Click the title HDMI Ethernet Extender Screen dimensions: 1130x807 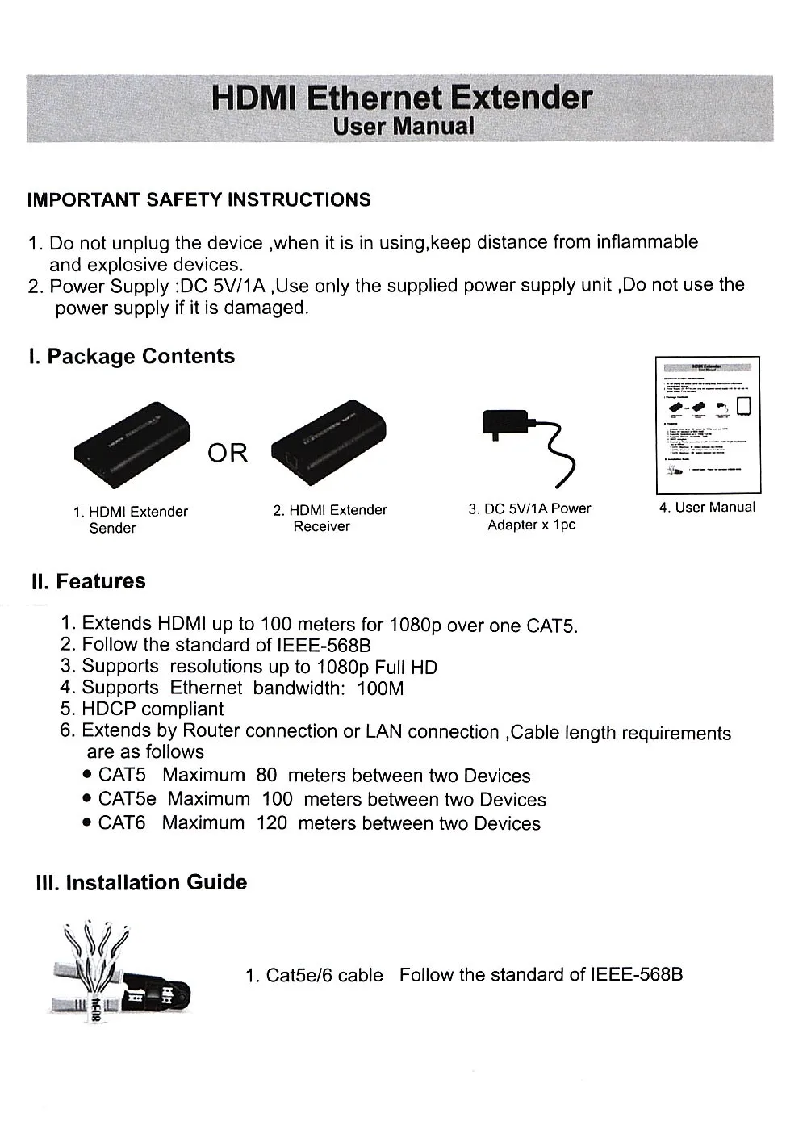click(401, 98)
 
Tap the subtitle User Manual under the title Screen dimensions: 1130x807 click(403, 127)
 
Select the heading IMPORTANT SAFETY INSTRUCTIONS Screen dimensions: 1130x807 click(199, 200)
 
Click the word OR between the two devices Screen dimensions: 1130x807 click(228, 453)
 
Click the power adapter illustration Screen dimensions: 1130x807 click(529, 445)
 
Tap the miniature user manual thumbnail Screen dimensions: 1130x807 click(709, 425)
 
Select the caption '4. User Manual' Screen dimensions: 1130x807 click(708, 508)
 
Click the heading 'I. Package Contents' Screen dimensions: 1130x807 click(132, 357)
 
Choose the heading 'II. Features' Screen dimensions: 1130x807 click(89, 581)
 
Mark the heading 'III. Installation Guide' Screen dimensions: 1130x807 click(142, 882)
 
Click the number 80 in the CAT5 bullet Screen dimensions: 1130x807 click(266, 776)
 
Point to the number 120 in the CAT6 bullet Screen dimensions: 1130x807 click(272, 823)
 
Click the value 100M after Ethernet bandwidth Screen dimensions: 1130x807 click(380, 688)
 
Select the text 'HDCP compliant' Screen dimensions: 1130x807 click(153, 709)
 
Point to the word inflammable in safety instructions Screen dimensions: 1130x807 click(646, 242)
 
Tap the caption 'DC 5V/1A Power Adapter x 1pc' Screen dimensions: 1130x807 click(530, 517)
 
